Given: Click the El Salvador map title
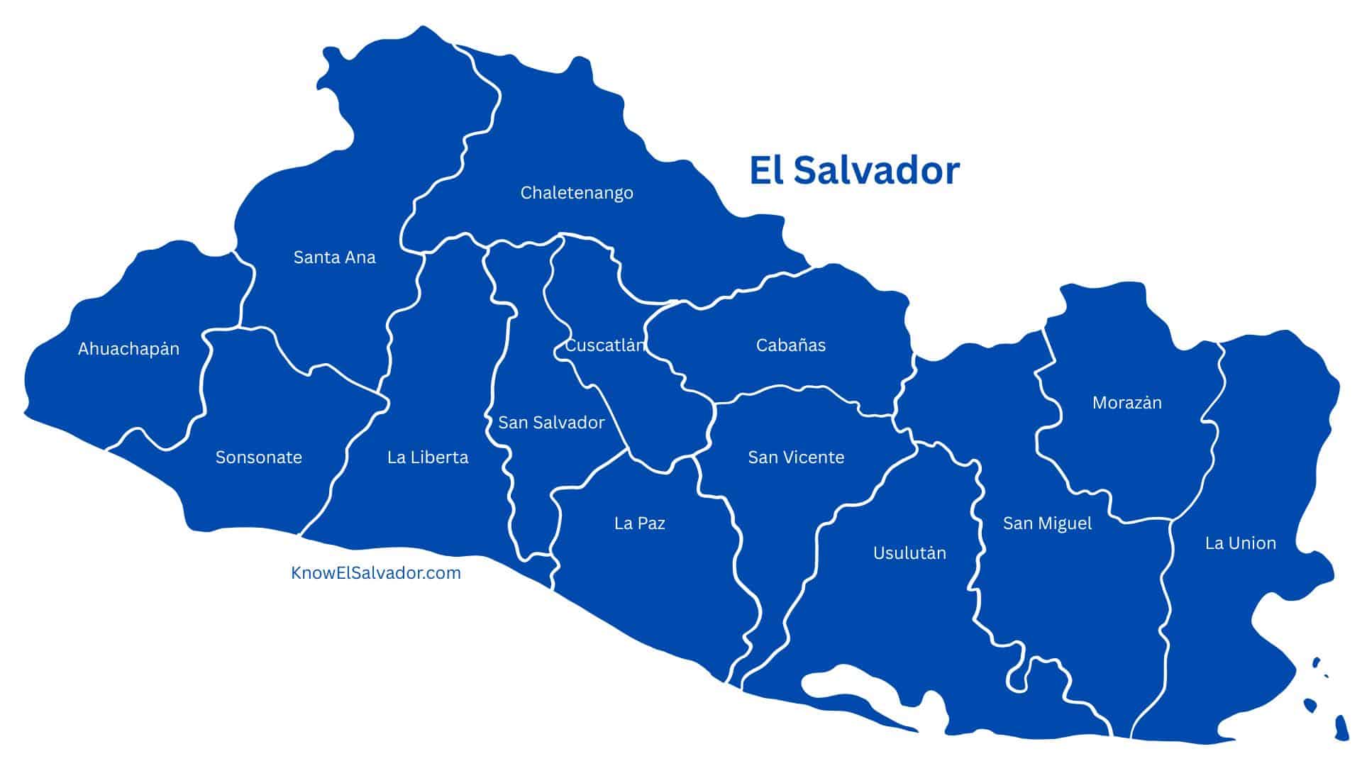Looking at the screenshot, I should tap(854, 171).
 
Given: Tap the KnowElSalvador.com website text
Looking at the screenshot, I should tap(376, 572).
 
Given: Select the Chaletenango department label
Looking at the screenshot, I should tap(577, 193).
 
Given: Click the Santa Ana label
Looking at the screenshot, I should tap(334, 257).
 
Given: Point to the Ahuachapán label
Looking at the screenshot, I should tap(128, 349).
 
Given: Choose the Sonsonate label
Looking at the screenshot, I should tap(258, 457).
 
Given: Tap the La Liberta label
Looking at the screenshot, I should tap(428, 457).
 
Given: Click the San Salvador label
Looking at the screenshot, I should tap(551, 423).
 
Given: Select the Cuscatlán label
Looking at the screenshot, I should tap(605, 345).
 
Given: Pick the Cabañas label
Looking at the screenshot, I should tap(790, 345).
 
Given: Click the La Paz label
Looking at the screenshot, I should tap(639, 523).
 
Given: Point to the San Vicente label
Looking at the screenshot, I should tap(796, 457).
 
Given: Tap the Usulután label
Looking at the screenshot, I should tap(909, 553).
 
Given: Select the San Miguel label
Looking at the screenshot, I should tap(1047, 523).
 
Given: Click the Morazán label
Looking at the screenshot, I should tap(1126, 403).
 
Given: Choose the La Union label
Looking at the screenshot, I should tap(1240, 543).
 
